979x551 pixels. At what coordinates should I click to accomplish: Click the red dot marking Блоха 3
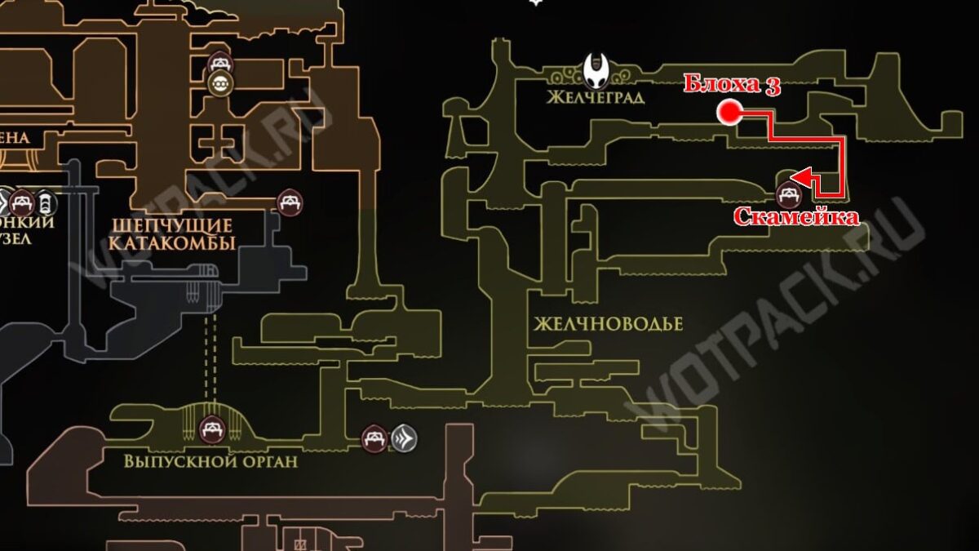[x=728, y=113]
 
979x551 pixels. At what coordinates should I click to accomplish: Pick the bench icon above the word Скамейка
[x=788, y=193]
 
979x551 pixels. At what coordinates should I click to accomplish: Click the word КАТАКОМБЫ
[x=171, y=243]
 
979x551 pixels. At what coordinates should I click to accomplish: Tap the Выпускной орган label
[x=210, y=461]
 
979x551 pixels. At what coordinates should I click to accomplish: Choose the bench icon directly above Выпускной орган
[x=211, y=427]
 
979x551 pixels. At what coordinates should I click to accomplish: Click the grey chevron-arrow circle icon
[x=404, y=439]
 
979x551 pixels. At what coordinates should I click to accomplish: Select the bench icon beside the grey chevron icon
[x=374, y=439]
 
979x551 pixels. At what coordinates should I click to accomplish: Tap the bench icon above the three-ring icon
[x=220, y=63]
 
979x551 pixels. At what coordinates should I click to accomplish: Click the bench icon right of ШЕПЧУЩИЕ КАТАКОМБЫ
[x=289, y=201]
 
